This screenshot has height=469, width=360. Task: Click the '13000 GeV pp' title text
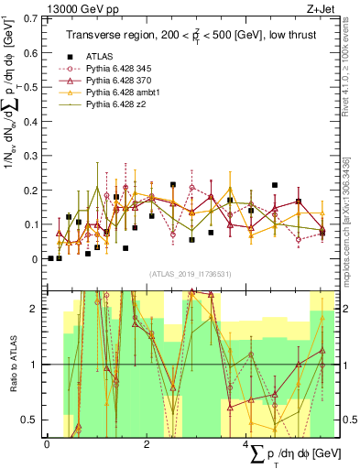pos(72,9)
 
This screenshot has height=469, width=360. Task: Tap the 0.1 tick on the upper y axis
pos(34,224)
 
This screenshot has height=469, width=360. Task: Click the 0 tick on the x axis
pos(47,443)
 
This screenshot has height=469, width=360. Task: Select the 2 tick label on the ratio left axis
pos(38,309)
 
